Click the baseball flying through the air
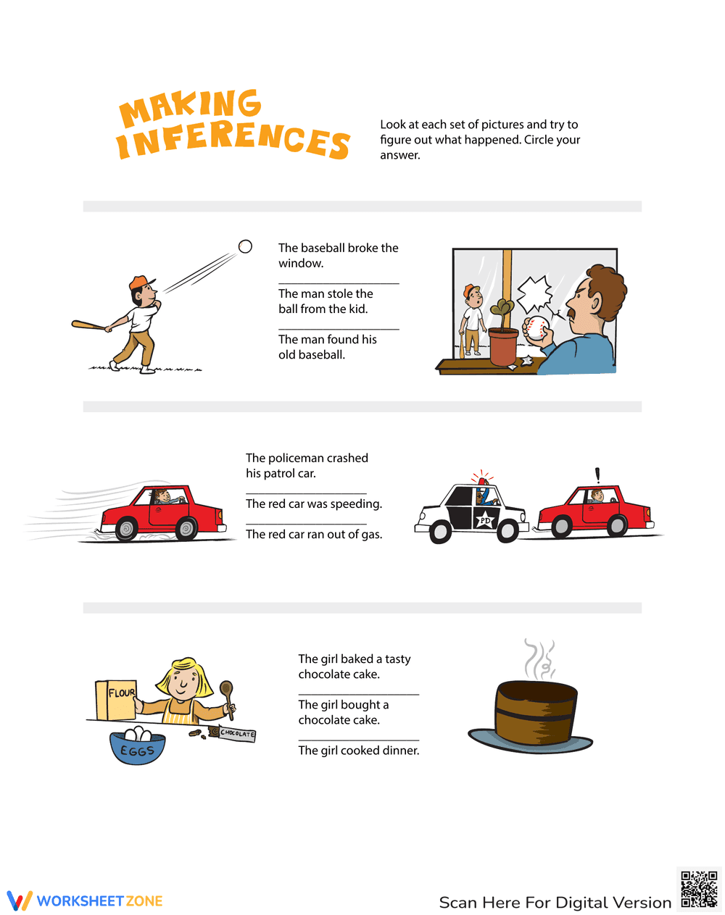(x=245, y=247)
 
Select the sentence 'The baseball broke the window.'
(x=338, y=256)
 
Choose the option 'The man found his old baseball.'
(x=327, y=347)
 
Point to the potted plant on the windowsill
(x=503, y=337)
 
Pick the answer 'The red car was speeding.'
(x=313, y=504)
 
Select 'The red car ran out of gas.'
(x=313, y=535)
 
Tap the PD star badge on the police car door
(x=484, y=520)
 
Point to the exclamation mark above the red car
(x=597, y=475)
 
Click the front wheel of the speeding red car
(x=186, y=528)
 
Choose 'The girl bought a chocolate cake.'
(x=343, y=712)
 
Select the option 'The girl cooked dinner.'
(x=358, y=751)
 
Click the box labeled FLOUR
(x=116, y=700)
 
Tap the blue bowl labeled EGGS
(x=137, y=748)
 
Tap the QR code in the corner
(x=699, y=889)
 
